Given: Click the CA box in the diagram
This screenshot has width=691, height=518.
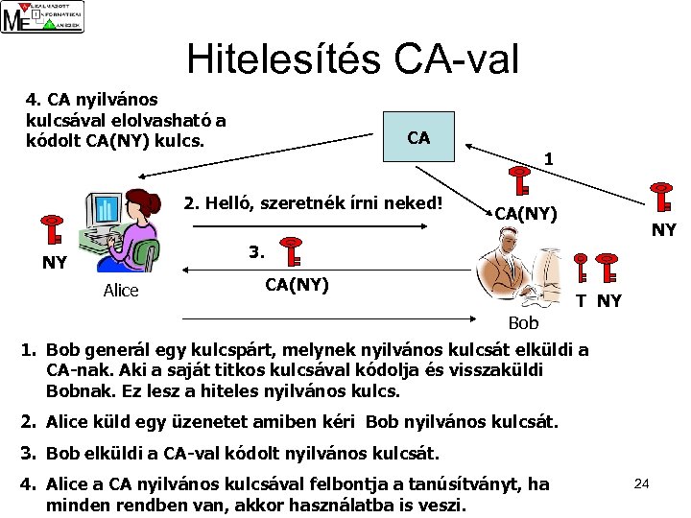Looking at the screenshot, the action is [418, 138].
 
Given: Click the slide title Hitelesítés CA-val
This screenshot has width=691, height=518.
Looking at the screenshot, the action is [352, 59].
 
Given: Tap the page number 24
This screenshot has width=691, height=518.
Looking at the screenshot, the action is [642, 483].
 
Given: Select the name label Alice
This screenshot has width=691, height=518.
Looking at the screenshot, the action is [120, 291].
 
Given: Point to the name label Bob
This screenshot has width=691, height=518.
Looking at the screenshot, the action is [524, 324].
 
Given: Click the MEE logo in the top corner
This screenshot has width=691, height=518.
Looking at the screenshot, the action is [42, 17].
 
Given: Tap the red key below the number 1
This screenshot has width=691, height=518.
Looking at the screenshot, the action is [521, 182].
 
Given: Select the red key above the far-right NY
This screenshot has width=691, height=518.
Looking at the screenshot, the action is [662, 198].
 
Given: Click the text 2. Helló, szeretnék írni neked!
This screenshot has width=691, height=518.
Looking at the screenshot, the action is [313, 202].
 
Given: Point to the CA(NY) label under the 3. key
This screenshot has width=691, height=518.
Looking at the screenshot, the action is [297, 284].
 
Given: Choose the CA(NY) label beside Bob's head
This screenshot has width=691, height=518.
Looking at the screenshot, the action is [525, 213].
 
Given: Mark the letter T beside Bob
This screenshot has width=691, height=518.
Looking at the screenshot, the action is [581, 300].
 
